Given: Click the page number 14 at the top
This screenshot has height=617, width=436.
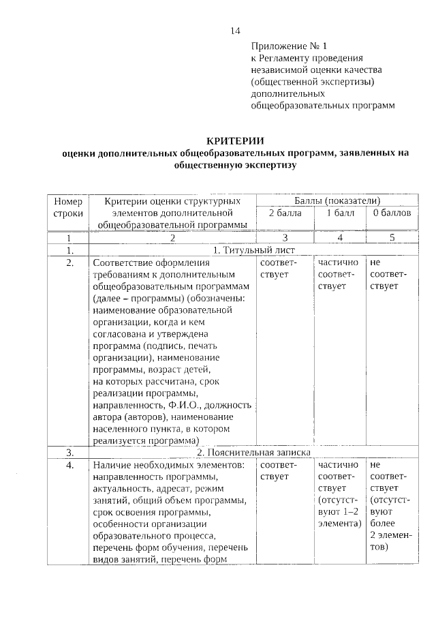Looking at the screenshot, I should [235, 30].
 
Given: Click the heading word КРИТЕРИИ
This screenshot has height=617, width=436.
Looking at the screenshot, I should [235, 141].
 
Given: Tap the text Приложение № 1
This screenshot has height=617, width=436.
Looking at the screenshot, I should [284, 46].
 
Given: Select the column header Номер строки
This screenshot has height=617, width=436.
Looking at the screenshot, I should [67, 207].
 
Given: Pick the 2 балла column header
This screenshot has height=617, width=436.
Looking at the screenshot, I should [284, 213].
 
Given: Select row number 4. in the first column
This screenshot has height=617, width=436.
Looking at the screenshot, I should [69, 465].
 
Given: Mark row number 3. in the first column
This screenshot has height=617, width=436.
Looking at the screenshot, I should [69, 452].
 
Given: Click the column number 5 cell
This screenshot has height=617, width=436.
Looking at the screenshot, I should [392, 238].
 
